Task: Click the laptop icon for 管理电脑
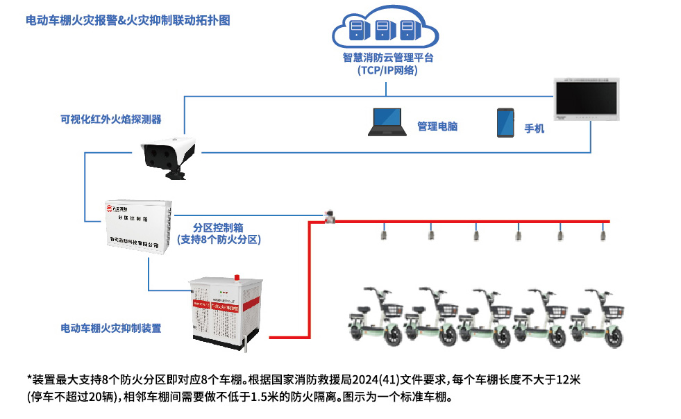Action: (x=389, y=122)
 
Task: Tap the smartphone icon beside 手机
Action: (x=505, y=122)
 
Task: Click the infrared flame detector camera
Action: (x=169, y=156)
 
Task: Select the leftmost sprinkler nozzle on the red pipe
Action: (x=382, y=235)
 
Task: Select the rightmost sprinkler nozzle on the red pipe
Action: (x=603, y=235)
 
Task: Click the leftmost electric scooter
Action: (x=378, y=316)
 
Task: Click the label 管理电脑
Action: (x=437, y=126)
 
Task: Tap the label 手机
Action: (x=535, y=129)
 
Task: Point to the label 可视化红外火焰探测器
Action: (x=111, y=120)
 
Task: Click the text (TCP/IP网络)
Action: (x=388, y=71)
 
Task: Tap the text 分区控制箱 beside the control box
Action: (x=218, y=227)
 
